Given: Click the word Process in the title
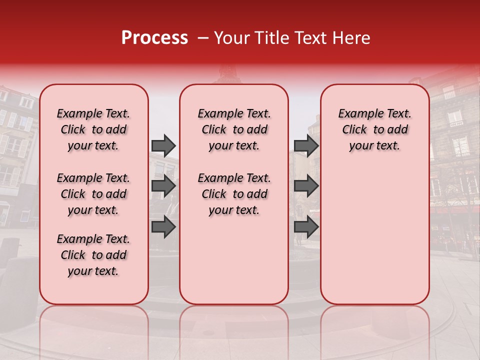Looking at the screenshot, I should click(x=154, y=38).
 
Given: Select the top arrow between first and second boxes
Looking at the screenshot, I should click(x=163, y=145).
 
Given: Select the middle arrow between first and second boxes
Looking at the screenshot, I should click(x=163, y=186).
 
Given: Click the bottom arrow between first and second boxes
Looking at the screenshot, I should click(x=163, y=226).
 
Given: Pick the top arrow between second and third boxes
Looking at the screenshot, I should click(x=306, y=145).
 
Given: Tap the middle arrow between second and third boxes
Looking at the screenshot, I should click(x=306, y=186).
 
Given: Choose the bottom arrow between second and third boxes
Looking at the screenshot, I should click(x=306, y=226).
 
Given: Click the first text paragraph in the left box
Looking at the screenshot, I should click(x=93, y=129).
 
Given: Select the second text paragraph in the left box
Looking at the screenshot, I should click(x=93, y=194).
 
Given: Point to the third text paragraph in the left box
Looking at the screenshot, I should click(x=93, y=255).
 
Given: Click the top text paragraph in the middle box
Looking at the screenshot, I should click(x=234, y=129).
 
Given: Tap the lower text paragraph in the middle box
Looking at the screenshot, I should click(x=234, y=194).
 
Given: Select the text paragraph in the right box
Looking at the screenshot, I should click(x=374, y=129).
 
